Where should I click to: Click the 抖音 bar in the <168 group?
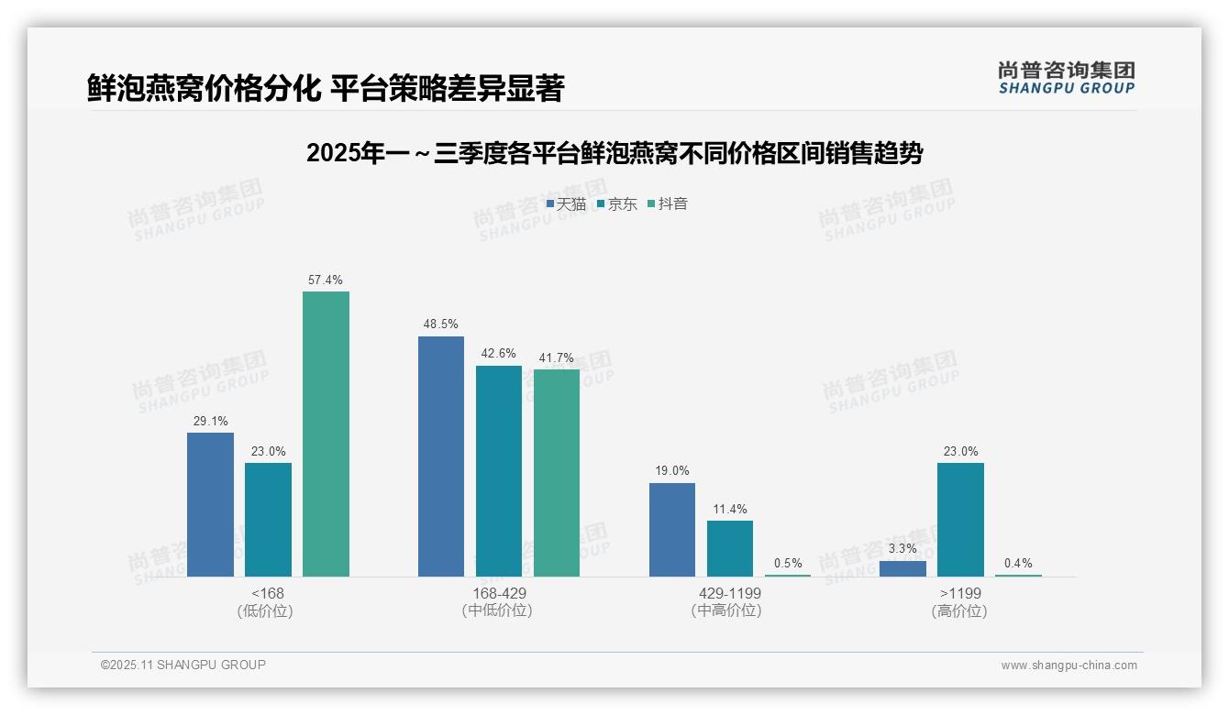(x=326, y=434)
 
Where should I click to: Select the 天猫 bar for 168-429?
(x=441, y=456)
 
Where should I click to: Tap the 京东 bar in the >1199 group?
(x=960, y=519)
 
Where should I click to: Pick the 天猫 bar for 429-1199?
(x=672, y=529)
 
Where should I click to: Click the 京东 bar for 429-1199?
(x=730, y=548)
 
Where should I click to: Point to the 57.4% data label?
(x=326, y=280)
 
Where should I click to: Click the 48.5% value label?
(x=441, y=324)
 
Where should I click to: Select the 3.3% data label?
(x=902, y=549)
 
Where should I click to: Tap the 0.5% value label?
(x=788, y=563)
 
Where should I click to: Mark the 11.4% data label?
(x=730, y=509)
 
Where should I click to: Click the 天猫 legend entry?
(x=566, y=203)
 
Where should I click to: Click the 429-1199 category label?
(x=730, y=593)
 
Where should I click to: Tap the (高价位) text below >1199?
(x=959, y=610)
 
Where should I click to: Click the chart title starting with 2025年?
(x=614, y=153)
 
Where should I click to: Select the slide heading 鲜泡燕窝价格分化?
(x=326, y=88)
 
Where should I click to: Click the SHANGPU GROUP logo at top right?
(x=1066, y=78)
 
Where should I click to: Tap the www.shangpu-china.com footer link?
(x=1068, y=665)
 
